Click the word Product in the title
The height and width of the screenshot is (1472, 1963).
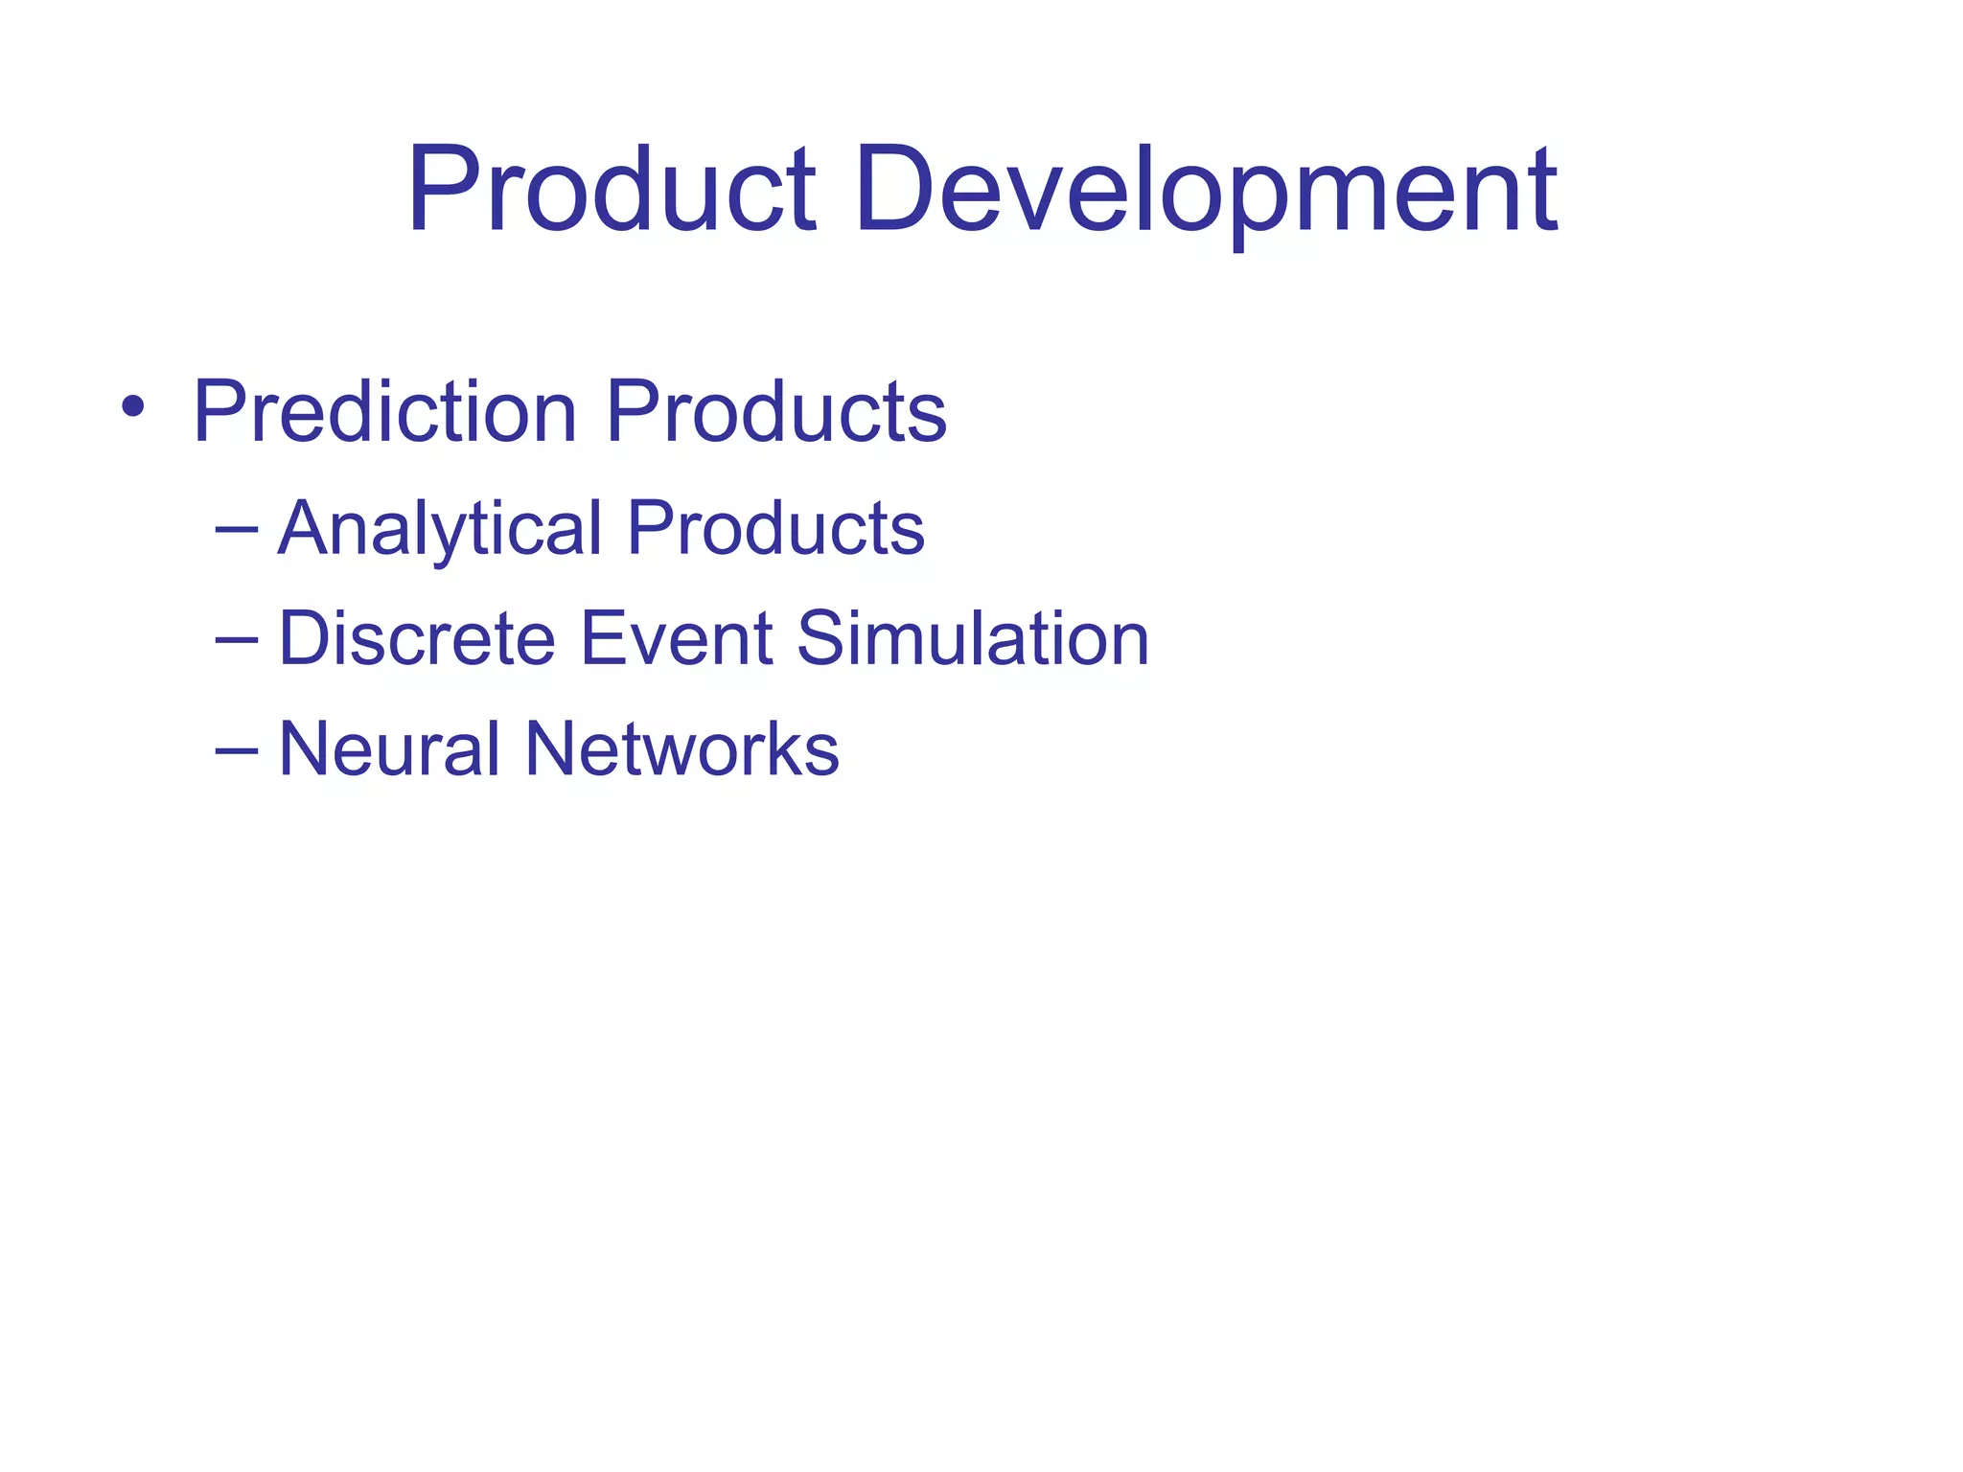click(x=612, y=189)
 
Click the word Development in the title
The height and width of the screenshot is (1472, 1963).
click(x=1206, y=189)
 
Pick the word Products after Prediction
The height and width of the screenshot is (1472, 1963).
click(x=775, y=412)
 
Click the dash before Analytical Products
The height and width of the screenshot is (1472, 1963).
click(x=237, y=528)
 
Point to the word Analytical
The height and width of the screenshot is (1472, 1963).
click(x=440, y=530)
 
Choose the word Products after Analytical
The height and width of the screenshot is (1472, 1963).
click(x=775, y=528)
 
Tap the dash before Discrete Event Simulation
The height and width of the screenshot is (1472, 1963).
click(x=237, y=638)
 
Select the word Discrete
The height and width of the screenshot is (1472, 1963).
click(x=417, y=638)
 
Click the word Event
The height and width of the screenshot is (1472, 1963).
click(x=676, y=638)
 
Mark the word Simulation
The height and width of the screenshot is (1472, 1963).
click(x=972, y=638)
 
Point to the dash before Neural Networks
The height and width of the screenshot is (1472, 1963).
click(x=237, y=748)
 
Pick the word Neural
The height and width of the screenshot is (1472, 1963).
click(x=389, y=748)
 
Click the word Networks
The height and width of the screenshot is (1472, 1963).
click(x=681, y=748)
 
